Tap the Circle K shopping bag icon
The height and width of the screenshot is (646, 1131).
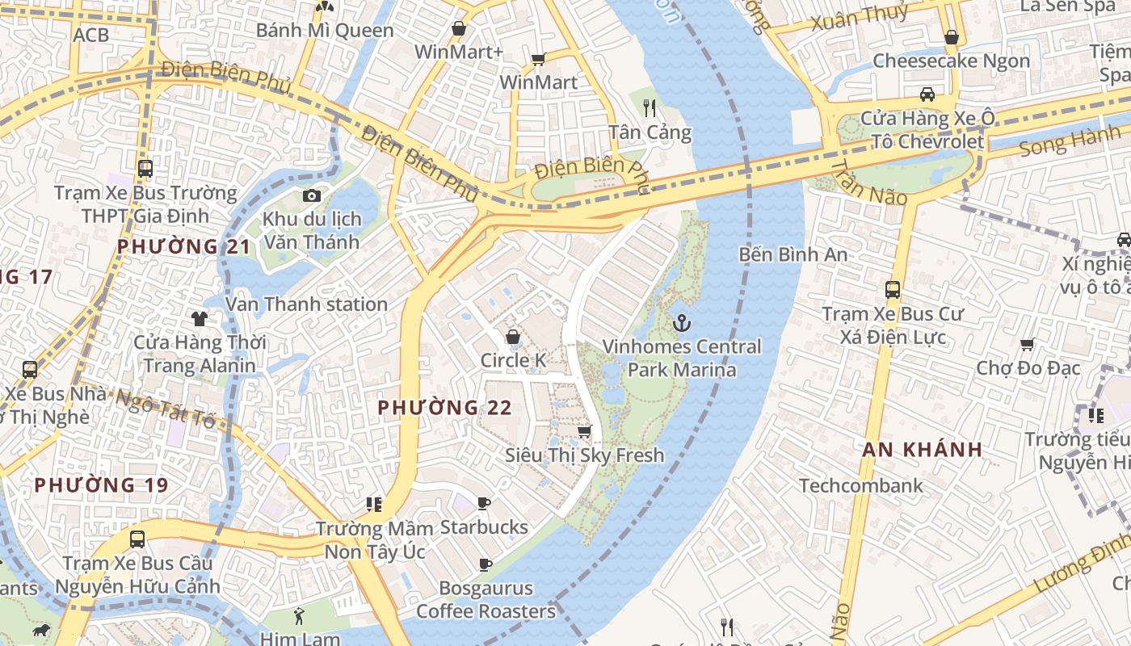tap(512, 337)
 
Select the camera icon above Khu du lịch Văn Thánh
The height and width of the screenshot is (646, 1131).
tap(311, 195)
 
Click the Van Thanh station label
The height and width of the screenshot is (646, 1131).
tap(306, 304)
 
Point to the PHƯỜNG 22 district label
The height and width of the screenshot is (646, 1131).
tap(444, 408)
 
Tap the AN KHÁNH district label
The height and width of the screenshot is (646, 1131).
tap(922, 450)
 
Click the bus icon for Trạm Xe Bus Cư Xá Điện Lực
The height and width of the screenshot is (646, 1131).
tap(893, 289)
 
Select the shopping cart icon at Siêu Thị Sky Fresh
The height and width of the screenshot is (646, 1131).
tap(584, 432)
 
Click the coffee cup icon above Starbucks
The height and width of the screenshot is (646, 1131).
tap(484, 504)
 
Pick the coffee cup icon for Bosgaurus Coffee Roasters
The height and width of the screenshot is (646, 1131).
tap(486, 564)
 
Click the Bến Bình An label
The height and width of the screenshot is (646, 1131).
tap(793, 255)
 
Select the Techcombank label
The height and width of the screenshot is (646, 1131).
tap(860, 485)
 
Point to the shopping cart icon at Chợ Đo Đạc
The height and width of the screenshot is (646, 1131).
tap(1028, 345)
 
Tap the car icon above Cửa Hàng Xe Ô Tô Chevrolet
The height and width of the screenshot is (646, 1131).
tap(927, 94)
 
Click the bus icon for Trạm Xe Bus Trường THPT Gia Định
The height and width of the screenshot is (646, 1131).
tap(145, 169)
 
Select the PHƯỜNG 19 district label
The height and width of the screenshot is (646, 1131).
tap(101, 485)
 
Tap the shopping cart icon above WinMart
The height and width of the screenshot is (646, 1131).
tap(538, 59)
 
